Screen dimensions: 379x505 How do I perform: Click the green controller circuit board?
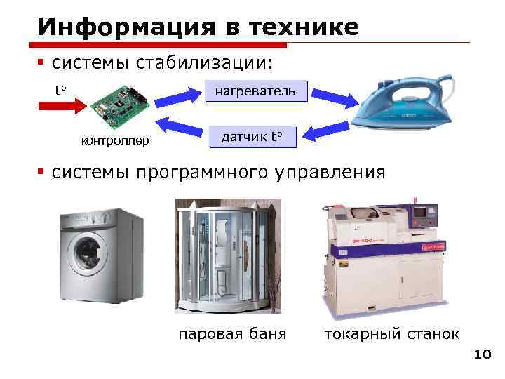[119, 102]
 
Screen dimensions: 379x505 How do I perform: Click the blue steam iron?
[400, 105]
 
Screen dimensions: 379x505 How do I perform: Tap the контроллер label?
[115, 141]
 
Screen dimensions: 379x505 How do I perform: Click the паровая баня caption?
[232, 333]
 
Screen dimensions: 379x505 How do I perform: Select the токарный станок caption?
[392, 333]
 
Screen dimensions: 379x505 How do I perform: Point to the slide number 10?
[482, 355]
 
